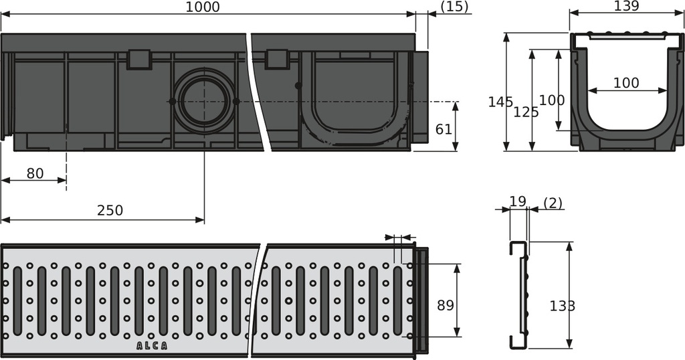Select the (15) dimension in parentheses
coord(455,7)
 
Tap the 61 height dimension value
coord(444,129)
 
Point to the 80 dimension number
coord(35,174)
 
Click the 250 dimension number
coord(110,211)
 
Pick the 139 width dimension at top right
coord(626,6)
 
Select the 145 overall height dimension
coord(500,102)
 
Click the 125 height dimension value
coord(526,112)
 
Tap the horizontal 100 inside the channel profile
coord(626,84)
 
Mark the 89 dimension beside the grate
coord(444,305)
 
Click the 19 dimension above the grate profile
coord(518,201)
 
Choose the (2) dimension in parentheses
coord(553,202)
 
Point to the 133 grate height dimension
coord(562,306)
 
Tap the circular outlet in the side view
coord(204,101)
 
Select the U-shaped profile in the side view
coord(355,100)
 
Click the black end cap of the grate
coord(421,300)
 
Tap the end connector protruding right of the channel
coord(421,97)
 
